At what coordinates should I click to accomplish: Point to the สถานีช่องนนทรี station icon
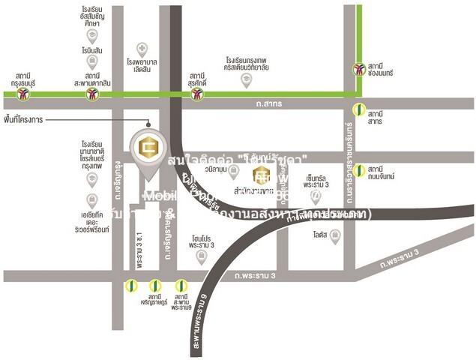(x=360, y=69)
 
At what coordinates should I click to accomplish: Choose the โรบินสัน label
(x=92, y=49)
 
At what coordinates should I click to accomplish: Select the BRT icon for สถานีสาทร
(x=361, y=111)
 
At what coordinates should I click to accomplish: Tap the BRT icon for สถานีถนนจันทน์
(x=361, y=170)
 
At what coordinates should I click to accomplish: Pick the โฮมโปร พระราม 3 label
(x=202, y=241)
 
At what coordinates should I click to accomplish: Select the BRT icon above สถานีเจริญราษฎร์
(x=155, y=285)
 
